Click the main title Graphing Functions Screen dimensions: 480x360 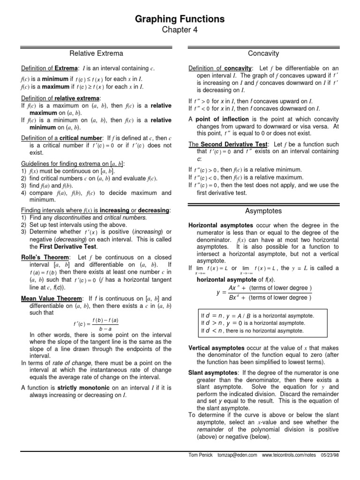click(180, 19)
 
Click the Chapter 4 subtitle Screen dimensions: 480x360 click(180, 31)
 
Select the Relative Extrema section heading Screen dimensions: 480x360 click(97, 54)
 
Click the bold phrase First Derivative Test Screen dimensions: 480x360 click(71, 247)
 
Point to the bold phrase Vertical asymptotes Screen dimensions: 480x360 click(216, 348)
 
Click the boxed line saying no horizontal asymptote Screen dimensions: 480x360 click(252, 330)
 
